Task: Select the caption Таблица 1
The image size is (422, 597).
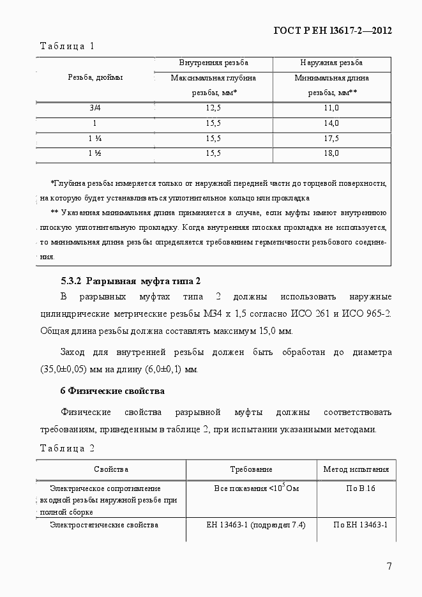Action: click(x=67, y=46)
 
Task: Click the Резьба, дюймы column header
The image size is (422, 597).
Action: click(x=95, y=77)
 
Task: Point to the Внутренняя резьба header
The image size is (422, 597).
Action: click(x=213, y=63)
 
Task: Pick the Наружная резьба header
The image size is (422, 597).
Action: click(x=331, y=63)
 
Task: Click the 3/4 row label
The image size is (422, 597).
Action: click(x=94, y=108)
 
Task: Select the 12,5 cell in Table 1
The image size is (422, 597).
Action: click(x=213, y=108)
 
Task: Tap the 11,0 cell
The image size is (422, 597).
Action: click(x=331, y=108)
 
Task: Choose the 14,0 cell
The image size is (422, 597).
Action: click(x=331, y=123)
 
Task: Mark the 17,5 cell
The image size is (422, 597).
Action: click(x=331, y=138)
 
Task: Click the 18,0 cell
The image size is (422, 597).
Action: click(x=331, y=153)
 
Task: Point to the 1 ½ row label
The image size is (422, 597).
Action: click(x=94, y=153)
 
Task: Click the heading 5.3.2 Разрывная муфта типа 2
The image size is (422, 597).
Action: click(x=130, y=281)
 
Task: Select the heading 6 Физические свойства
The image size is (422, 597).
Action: click(x=112, y=391)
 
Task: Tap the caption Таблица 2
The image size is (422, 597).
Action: click(x=67, y=448)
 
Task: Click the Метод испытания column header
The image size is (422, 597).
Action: click(x=356, y=469)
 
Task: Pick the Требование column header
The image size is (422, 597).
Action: click(x=251, y=469)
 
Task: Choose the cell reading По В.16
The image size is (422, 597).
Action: click(x=356, y=488)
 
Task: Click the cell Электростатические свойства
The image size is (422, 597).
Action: click(x=104, y=525)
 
